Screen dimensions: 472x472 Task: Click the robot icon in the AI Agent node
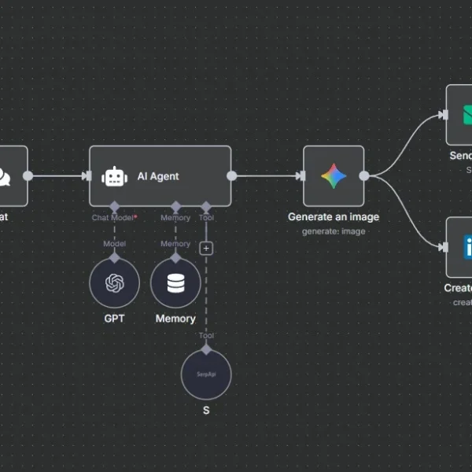click(115, 176)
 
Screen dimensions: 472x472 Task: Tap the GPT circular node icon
click(114, 282)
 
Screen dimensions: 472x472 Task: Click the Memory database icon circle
click(175, 282)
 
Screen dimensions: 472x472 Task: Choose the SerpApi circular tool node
click(206, 374)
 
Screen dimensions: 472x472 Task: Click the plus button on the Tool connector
click(206, 248)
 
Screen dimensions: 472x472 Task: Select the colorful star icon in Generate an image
click(334, 176)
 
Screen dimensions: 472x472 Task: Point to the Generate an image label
click(334, 217)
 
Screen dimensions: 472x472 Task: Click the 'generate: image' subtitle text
click(334, 231)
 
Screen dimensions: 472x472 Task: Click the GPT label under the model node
click(114, 319)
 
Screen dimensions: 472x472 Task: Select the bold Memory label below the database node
click(175, 319)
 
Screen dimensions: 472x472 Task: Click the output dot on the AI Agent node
click(232, 176)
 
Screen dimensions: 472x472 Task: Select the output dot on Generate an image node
click(364, 176)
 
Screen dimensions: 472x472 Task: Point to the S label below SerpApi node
click(206, 410)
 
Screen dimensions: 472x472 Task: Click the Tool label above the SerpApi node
click(206, 336)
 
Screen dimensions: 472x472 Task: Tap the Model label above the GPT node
click(114, 244)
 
